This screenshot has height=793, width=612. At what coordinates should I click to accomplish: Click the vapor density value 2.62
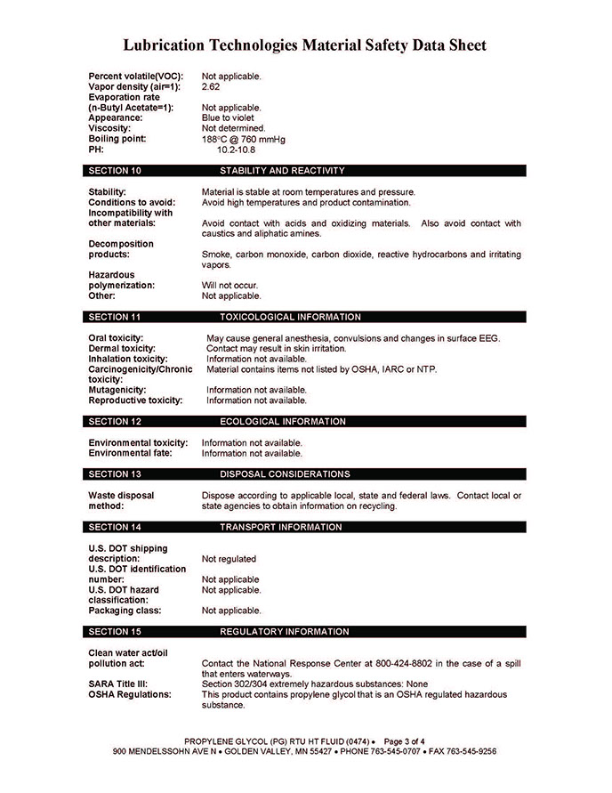click(211, 86)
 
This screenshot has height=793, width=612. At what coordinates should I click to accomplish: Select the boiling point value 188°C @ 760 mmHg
click(243, 139)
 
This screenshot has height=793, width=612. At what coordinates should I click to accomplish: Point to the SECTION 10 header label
click(116, 170)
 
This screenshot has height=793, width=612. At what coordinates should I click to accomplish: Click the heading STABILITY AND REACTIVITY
click(282, 170)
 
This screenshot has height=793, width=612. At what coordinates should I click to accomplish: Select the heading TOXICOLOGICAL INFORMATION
click(290, 317)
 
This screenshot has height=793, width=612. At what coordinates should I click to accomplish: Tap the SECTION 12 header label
click(116, 421)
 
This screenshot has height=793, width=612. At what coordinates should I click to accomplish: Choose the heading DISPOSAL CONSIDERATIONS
click(285, 474)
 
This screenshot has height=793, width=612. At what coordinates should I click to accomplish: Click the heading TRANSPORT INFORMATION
click(280, 527)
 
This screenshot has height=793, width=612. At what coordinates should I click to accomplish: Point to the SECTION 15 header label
click(116, 632)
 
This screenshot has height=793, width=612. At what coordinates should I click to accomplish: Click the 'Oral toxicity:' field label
click(116, 338)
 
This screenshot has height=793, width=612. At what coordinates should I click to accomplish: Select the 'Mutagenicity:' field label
click(117, 390)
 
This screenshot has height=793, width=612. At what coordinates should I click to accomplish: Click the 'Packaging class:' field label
click(125, 611)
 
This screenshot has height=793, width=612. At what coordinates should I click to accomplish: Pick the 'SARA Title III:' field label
click(117, 684)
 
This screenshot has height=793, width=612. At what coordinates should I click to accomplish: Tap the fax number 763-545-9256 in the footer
click(463, 751)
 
